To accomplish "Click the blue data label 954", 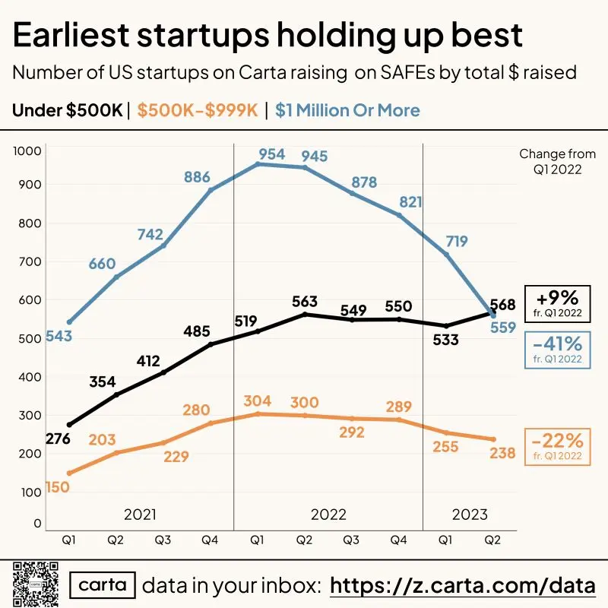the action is [272, 154].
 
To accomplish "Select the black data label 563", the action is [305, 302].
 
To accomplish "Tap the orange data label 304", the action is [258, 401].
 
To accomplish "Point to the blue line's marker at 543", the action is [70, 322].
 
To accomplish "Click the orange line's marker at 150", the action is [70, 473].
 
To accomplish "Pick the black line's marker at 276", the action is [70, 425].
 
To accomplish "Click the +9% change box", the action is [558, 304].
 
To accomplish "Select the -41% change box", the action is [558, 350].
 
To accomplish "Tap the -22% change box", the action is [558, 447].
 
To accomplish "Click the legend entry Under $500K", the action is [68, 110].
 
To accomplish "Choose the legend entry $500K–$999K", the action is [198, 110].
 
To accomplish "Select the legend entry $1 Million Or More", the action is [347, 110].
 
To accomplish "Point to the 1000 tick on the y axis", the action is [27, 150].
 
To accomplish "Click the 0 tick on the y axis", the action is [37, 524].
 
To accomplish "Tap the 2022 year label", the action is [328, 515].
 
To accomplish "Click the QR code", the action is [36, 584].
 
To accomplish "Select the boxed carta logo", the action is [103, 585].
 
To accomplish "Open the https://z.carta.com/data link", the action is [463, 585].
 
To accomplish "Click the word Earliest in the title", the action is [71, 35].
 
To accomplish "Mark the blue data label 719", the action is [457, 242].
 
